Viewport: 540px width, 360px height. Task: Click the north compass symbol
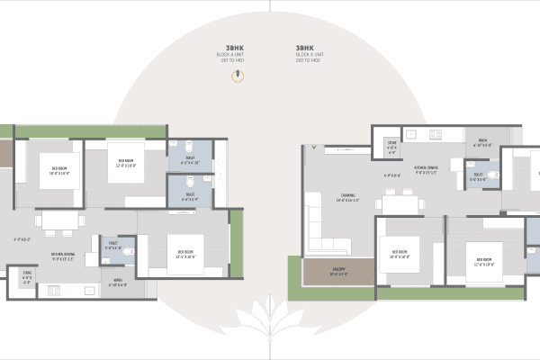(x=238, y=76)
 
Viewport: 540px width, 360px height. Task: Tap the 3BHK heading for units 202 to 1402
(x=303, y=47)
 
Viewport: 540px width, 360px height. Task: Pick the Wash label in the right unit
(x=482, y=143)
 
